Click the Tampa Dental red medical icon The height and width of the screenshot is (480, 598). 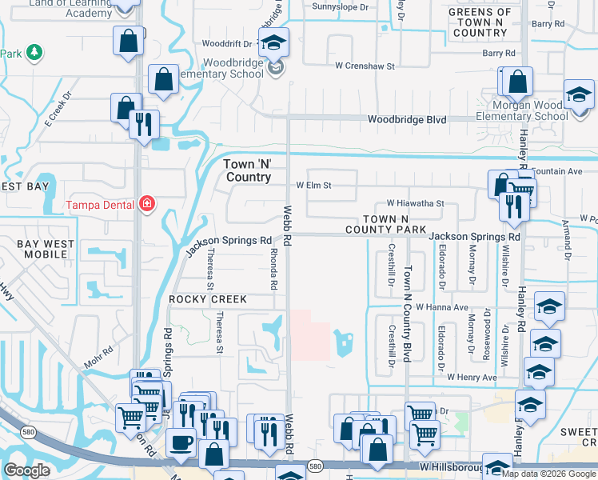[x=146, y=205]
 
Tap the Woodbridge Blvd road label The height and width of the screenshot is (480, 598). [x=406, y=120]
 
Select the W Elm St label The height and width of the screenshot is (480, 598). [x=313, y=185]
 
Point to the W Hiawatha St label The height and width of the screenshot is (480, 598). [x=415, y=204]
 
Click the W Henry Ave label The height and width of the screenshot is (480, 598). [x=472, y=377]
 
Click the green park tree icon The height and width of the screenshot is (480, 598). [x=33, y=53]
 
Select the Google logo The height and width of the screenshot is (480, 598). [x=26, y=470]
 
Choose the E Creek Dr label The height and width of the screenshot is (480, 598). [x=58, y=110]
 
